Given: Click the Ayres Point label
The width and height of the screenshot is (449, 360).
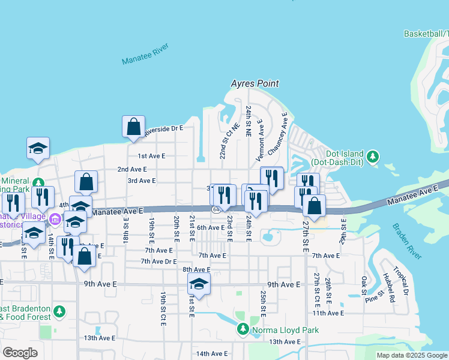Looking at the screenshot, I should [x=256, y=84].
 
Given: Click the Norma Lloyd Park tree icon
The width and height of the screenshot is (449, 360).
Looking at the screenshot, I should [x=243, y=329].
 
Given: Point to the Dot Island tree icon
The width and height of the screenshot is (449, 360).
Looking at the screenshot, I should [x=373, y=157].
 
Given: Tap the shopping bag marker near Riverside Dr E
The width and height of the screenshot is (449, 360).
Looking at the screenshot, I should [x=133, y=127].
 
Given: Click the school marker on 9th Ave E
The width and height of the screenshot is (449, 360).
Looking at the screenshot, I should [x=199, y=285].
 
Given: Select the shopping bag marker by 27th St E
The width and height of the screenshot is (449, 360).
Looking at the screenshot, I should [x=314, y=206].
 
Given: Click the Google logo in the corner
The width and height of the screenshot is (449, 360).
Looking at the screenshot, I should [x=20, y=352].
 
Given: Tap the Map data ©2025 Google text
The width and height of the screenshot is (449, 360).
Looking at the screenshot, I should [x=412, y=355].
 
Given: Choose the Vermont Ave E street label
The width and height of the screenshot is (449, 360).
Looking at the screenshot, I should [x=261, y=140].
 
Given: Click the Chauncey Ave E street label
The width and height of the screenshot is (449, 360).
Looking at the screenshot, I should [x=280, y=131].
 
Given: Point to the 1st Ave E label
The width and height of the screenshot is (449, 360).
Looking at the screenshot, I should [x=151, y=156].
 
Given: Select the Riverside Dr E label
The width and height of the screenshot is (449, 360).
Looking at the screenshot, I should [x=163, y=128].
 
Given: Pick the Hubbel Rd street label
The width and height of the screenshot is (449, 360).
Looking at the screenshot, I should [x=387, y=287].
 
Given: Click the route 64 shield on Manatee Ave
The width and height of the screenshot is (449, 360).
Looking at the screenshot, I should [x=215, y=209].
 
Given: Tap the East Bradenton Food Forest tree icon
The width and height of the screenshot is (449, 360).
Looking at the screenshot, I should [x=59, y=311].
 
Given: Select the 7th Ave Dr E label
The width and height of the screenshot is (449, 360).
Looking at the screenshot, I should [x=158, y=262].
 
